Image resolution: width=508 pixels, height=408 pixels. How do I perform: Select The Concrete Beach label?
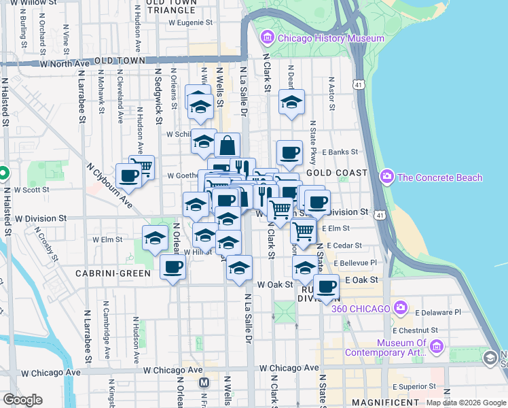click(439, 177)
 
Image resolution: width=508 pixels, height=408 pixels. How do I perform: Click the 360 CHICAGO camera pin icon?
click(401, 308)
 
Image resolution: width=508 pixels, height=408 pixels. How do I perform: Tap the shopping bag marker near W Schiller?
click(227, 146)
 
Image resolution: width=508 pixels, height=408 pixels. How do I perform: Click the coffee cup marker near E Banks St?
click(289, 153)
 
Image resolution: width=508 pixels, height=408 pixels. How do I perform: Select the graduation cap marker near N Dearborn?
click(291, 103)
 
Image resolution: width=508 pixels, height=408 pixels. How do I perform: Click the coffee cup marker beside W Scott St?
click(128, 177)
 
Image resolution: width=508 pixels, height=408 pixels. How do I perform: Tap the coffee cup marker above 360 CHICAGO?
click(326, 287)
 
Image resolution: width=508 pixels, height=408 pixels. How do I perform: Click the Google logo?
click(22, 400)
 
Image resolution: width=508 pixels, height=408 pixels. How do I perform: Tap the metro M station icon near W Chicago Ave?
click(204, 383)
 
